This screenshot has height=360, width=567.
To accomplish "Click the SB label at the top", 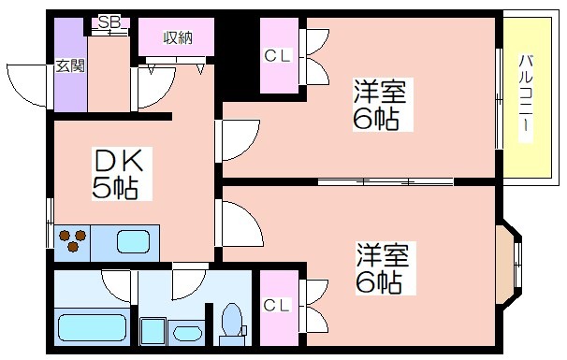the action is pyautogui.click(x=109, y=22).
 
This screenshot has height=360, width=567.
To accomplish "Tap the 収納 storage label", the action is pyautogui.click(x=178, y=37).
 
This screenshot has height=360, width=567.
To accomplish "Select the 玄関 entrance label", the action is pyautogui.click(x=70, y=65).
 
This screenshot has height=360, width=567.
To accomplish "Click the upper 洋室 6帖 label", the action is pyautogui.click(x=380, y=105).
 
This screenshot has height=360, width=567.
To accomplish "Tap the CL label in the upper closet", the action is pyautogui.click(x=277, y=56).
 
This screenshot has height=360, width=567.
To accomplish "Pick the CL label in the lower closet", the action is pyautogui.click(x=277, y=306).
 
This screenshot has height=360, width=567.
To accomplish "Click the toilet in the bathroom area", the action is pyautogui.click(x=233, y=324).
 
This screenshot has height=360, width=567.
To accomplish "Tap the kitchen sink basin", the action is pyautogui.click(x=133, y=241).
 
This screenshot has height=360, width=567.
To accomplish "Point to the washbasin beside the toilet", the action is pyautogui.click(x=187, y=333).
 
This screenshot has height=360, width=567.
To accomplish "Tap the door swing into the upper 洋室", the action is pyautogui.click(x=238, y=140).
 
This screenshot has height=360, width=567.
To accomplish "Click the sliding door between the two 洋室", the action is pyautogui.click(x=385, y=181).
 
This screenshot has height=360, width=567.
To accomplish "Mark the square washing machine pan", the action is pyautogui.click(x=153, y=331).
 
